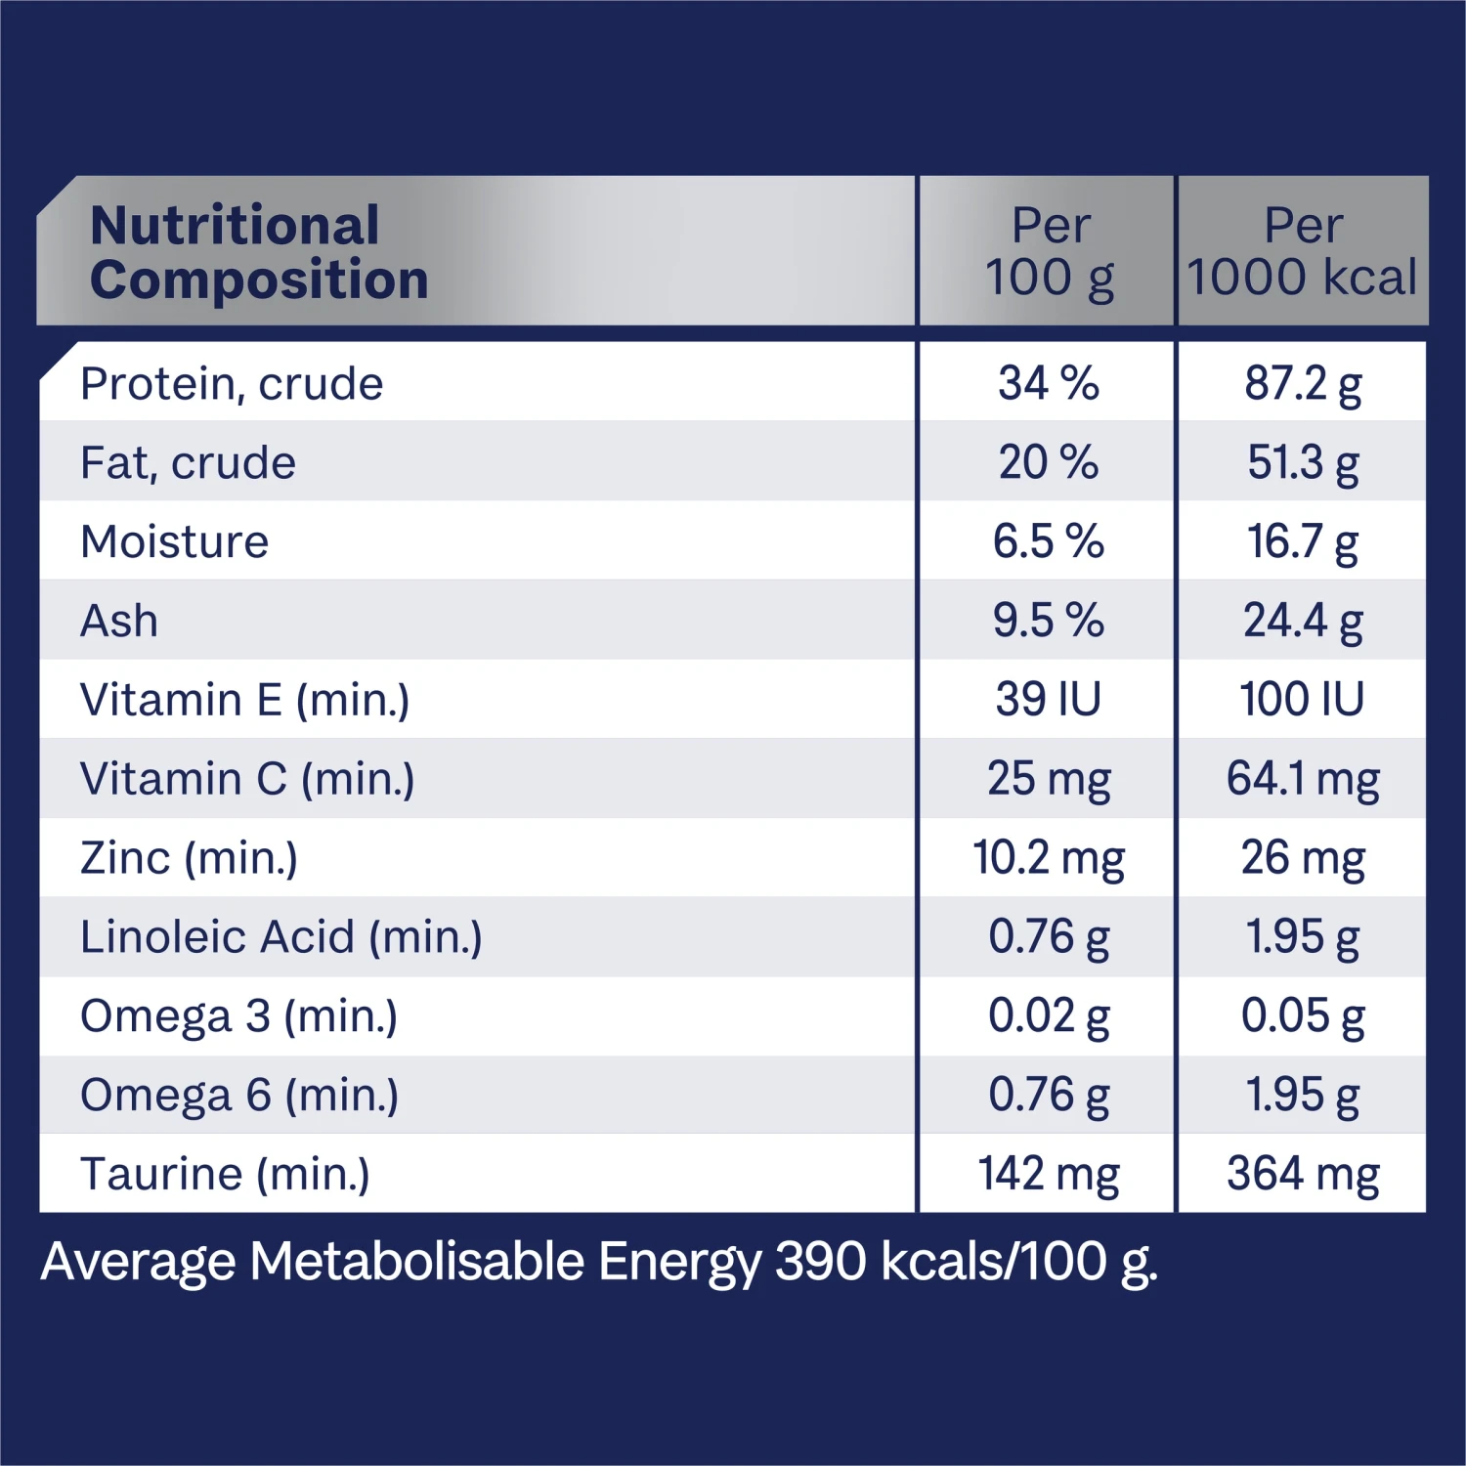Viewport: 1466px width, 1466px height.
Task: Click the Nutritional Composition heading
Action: pyautogui.click(x=259, y=252)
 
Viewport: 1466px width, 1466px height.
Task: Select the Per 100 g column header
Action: pyautogui.click(x=1049, y=251)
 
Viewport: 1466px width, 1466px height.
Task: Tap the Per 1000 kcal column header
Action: pyautogui.click(x=1303, y=251)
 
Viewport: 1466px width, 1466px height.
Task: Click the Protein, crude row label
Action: pyautogui.click(x=232, y=383)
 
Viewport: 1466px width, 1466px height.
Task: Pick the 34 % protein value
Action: pyautogui.click(x=1048, y=383)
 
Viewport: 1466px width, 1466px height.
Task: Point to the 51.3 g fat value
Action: pyautogui.click(x=1303, y=462)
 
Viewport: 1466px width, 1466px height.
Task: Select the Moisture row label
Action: pyautogui.click(x=174, y=541)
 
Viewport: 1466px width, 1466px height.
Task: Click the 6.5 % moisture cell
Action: pyautogui.click(x=1048, y=541)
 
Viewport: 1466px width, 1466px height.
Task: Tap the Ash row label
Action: pyautogui.click(x=119, y=621)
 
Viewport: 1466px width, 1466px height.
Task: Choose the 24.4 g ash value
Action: pyautogui.click(x=1303, y=621)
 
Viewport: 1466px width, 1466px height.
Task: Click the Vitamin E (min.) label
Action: pyautogui.click(x=244, y=700)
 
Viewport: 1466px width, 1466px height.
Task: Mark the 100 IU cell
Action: pyautogui.click(x=1302, y=700)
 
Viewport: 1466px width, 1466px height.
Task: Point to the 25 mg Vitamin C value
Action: pyautogui.click(x=1049, y=779)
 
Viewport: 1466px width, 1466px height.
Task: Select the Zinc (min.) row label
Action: pyautogui.click(x=189, y=858)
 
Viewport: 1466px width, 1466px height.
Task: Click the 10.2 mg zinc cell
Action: pyautogui.click(x=1049, y=858)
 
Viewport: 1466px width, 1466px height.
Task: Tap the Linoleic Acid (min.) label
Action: pyautogui.click(x=281, y=937)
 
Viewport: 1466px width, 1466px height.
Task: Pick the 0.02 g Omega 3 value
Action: pyautogui.click(x=1049, y=1016)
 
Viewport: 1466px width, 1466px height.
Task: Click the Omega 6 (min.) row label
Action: pyautogui.click(x=239, y=1096)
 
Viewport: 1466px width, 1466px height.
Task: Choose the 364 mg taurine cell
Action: pyautogui.click(x=1303, y=1174)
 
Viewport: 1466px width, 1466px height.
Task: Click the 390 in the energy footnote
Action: pyautogui.click(x=820, y=1261)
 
